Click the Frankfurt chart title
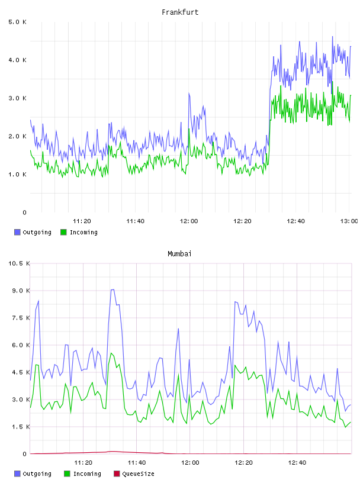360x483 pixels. (180, 12)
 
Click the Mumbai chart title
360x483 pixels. (179, 254)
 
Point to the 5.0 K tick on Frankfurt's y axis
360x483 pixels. (17, 22)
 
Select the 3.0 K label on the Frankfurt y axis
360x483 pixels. (17, 98)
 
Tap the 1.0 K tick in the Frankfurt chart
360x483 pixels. (17, 175)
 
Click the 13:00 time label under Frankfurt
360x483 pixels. (349, 221)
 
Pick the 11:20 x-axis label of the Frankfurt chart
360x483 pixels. (82, 221)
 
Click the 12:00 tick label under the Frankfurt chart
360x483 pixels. (189, 221)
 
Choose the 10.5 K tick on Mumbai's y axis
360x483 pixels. (19, 263)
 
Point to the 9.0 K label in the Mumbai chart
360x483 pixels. (21, 291)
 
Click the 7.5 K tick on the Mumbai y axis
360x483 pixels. (21, 318)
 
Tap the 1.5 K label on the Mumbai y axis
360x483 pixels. (21, 427)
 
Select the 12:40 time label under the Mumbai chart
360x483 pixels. (297, 463)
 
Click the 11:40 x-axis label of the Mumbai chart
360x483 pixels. (137, 463)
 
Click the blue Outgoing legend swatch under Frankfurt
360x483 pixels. (17, 232)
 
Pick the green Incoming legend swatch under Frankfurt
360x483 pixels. (63, 232)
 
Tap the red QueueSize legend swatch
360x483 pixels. (117, 474)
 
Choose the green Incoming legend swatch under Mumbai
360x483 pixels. (67, 474)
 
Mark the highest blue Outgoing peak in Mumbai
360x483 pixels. (112, 289)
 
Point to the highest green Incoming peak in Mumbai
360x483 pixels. (111, 353)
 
